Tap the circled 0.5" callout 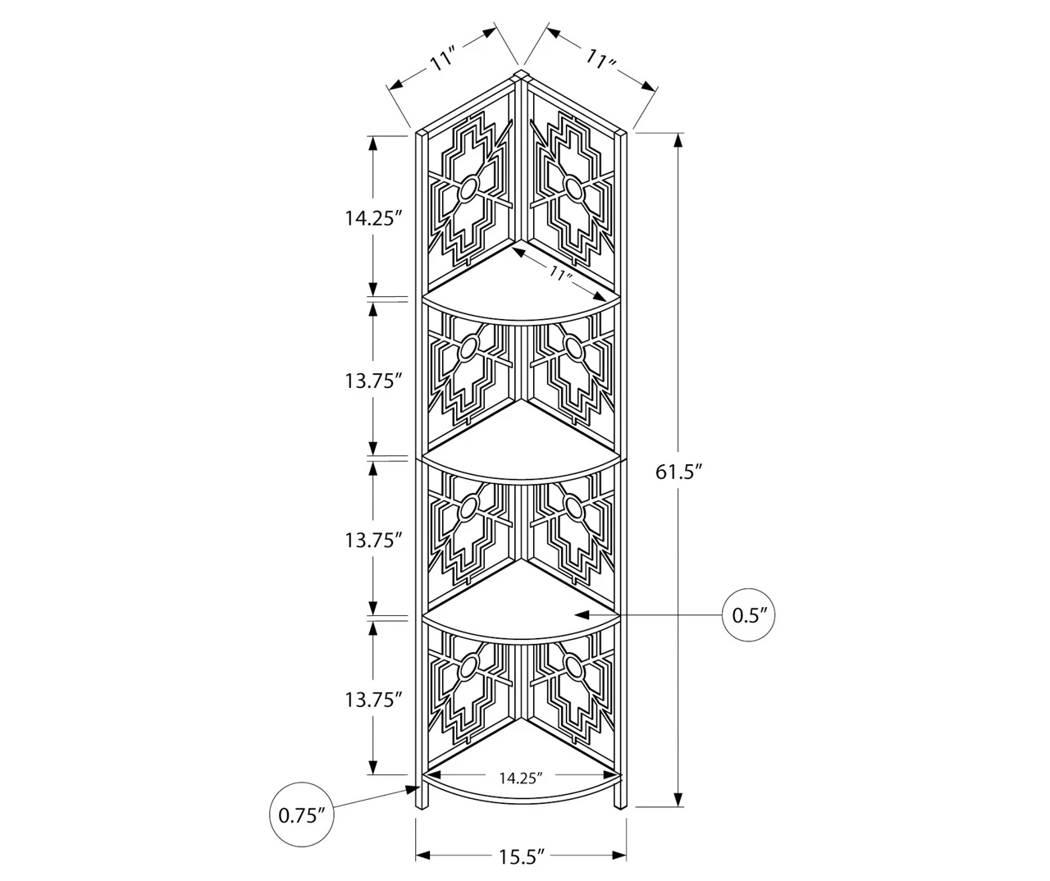coord(749,614)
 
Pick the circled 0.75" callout coord(302,815)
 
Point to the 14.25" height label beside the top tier coord(373,217)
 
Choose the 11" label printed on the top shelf coord(560,274)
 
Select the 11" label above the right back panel coord(601,60)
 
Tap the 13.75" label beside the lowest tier coord(373,700)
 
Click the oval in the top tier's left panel coord(468,191)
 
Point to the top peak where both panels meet coord(520,75)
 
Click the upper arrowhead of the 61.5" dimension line coord(679,139)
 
